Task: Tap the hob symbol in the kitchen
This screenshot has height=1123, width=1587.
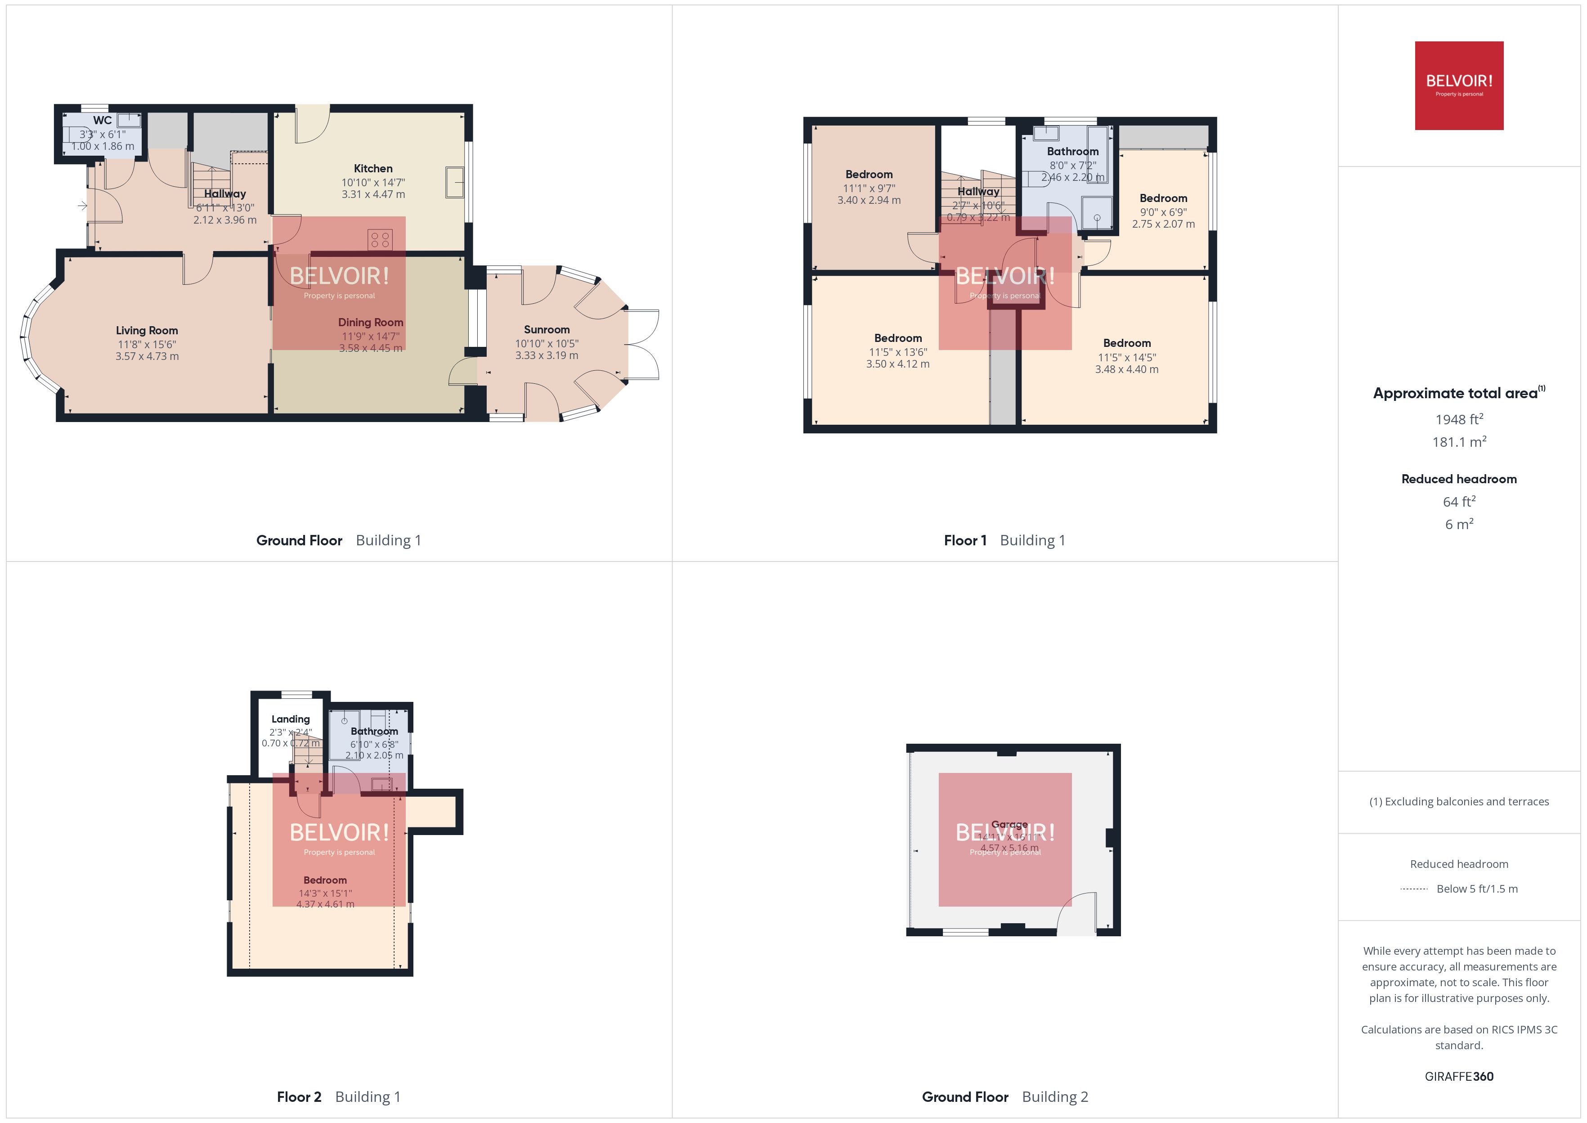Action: [x=380, y=240]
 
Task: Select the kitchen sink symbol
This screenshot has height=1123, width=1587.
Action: [x=455, y=183]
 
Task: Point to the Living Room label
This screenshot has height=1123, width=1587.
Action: [x=147, y=331]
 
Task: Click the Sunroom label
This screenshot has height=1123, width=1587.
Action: [x=546, y=329]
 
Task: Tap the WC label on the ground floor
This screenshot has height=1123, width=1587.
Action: [x=102, y=120]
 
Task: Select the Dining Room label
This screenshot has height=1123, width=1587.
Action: [x=371, y=322]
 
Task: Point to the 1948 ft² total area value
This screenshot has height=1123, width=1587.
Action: [x=1458, y=419]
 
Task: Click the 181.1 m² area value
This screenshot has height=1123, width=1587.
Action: [x=1458, y=442]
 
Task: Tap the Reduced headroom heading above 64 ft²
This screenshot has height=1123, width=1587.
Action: [x=1458, y=479]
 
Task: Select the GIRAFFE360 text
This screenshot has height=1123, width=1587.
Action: [x=1458, y=1076]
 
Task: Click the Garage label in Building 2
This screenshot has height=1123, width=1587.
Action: [x=1009, y=824]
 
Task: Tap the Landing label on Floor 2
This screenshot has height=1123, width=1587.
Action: [x=290, y=719]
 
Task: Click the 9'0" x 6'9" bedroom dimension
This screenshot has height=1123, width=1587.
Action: [x=1163, y=212]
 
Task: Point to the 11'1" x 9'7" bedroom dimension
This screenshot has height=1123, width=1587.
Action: [x=869, y=188]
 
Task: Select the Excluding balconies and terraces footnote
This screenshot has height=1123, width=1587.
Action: [x=1458, y=801]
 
